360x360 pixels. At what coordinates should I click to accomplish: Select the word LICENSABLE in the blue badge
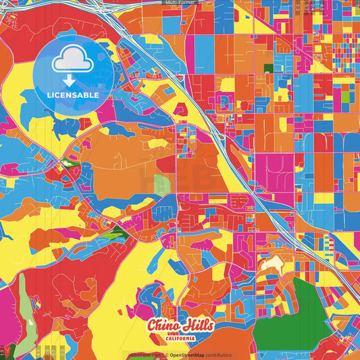72,95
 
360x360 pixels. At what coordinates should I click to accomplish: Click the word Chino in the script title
164,325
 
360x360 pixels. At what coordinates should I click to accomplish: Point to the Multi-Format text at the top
179,3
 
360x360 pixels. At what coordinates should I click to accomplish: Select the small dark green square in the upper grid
268,68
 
